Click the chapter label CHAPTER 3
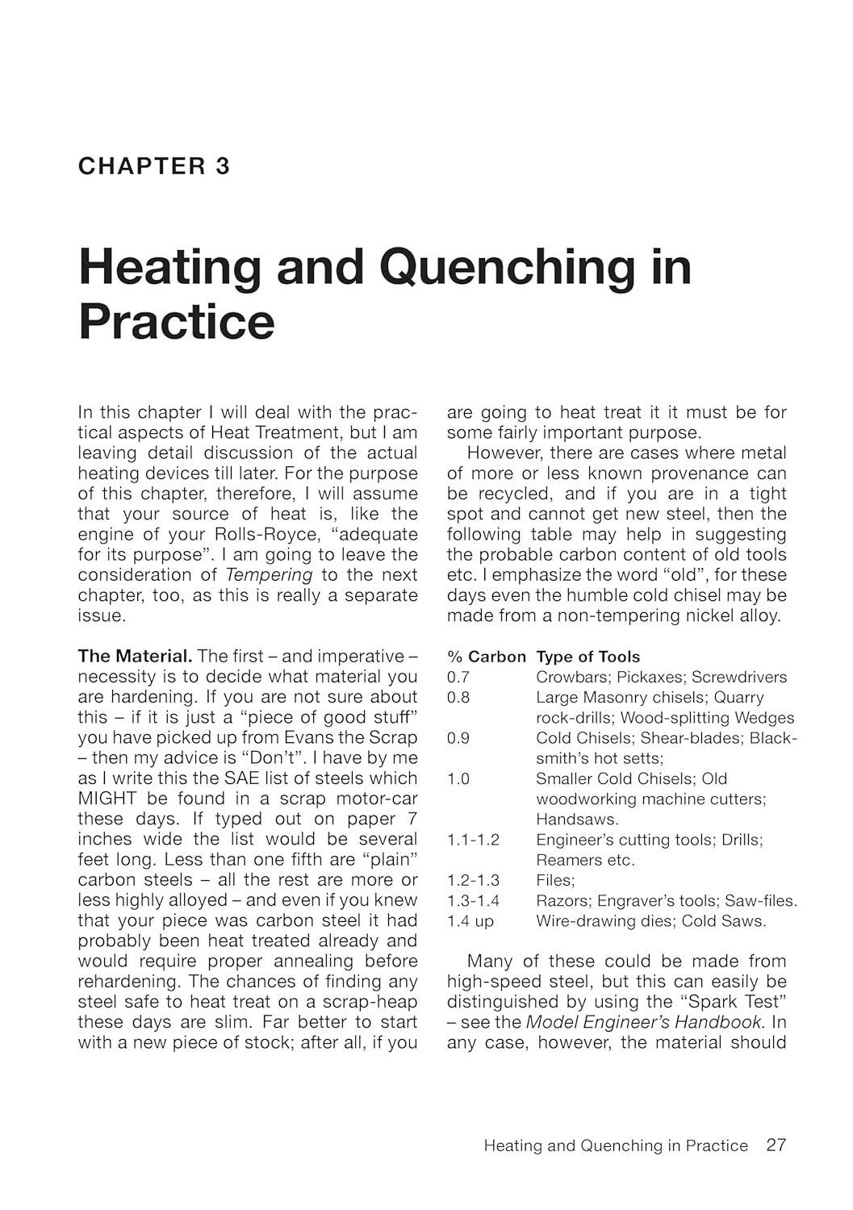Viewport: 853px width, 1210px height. tap(154, 166)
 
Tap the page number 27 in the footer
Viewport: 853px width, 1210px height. tap(776, 1145)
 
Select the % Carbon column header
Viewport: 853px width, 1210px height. tap(486, 657)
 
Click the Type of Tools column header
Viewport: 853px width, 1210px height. tap(587, 657)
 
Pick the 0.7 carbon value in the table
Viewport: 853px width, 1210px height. tap(458, 677)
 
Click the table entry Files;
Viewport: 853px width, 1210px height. tap(555, 880)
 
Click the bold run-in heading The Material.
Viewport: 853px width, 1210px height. tap(135, 657)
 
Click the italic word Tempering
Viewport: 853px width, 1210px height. tap(269, 575)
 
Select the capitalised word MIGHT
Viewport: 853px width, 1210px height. tap(108, 799)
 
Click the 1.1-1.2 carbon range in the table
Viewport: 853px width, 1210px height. tap(473, 840)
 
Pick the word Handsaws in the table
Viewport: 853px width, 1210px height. tap(576, 820)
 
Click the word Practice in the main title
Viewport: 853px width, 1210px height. tap(177, 321)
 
